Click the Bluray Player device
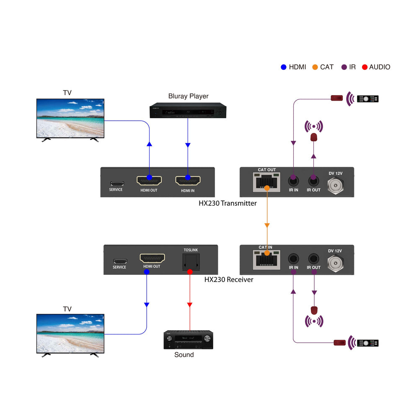pos(188,111)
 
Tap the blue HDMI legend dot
pos(283,67)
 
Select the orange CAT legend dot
pos(315,67)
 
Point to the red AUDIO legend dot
pos(365,67)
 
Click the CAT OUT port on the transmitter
pos(266,182)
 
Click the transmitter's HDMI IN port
pos(188,180)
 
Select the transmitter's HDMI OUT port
pos(149,180)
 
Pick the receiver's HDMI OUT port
pos(152,258)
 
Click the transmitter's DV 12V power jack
pos(335,184)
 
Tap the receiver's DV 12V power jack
pos(335,262)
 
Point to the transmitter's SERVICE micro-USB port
pos(117,184)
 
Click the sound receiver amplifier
pos(188,340)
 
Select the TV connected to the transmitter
pos(70,119)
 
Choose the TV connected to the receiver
pos(70,334)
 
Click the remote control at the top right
pos(367,99)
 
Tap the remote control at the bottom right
pos(367,343)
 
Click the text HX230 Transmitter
pos(228,203)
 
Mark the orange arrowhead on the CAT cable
pos(266,225)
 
